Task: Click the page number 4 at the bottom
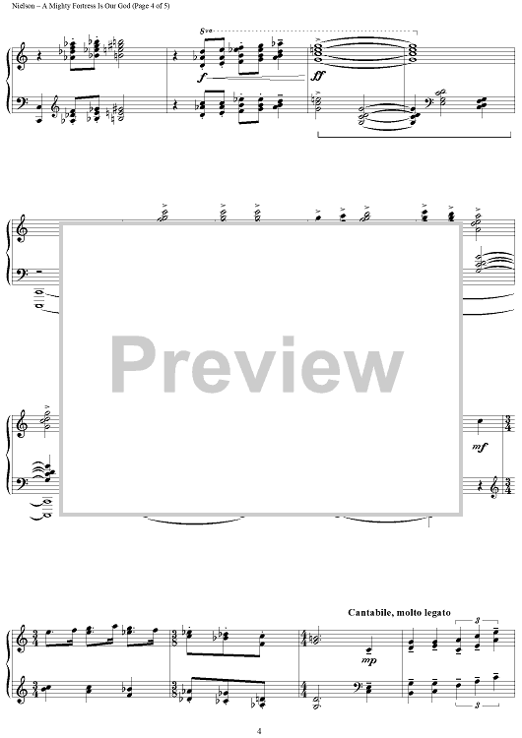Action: [259, 731]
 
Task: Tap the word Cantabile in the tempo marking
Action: [369, 612]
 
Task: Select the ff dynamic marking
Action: [318, 76]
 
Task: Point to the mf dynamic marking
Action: [480, 447]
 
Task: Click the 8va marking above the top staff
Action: [205, 31]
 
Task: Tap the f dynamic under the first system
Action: [201, 78]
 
